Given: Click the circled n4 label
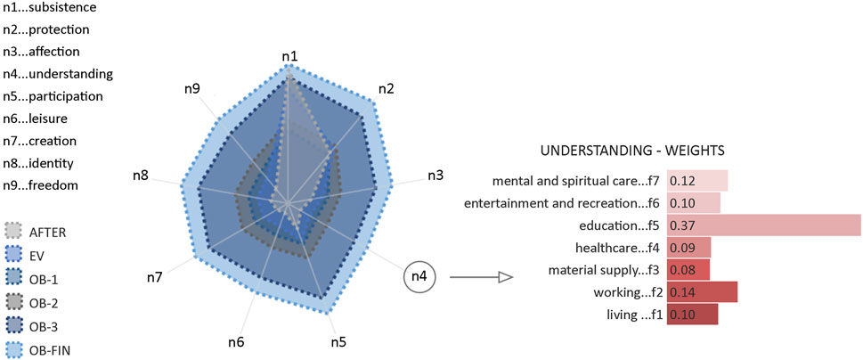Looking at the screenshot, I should [420, 278].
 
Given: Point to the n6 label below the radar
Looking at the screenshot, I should [236, 342].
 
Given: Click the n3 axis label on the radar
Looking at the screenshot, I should [436, 176].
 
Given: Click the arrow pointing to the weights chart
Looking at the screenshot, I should [481, 278].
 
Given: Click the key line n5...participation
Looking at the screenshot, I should [53, 96].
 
